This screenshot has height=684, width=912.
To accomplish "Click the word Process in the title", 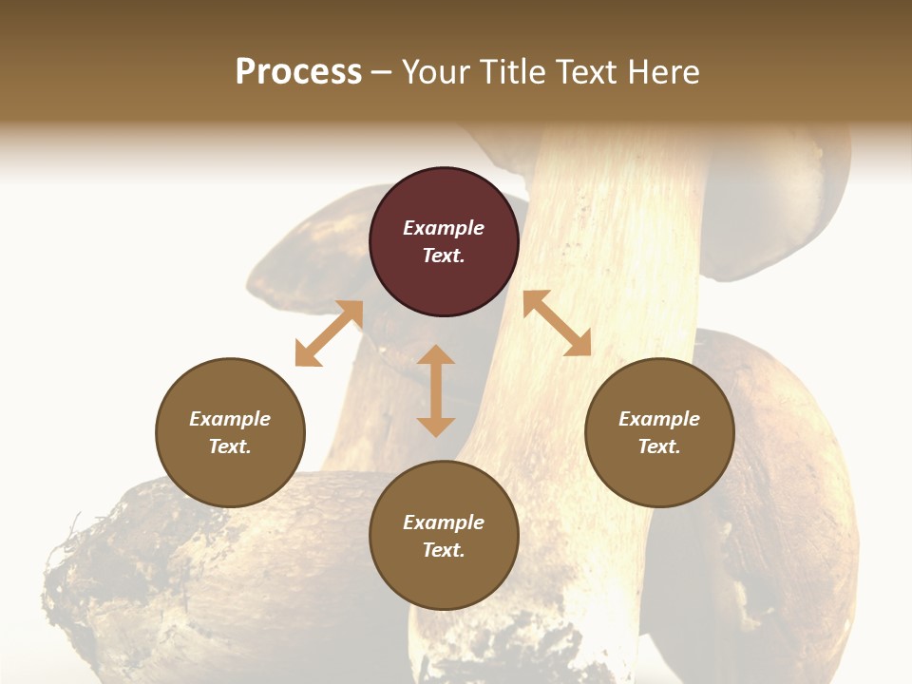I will (298, 72).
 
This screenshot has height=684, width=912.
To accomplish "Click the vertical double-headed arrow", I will (436, 390).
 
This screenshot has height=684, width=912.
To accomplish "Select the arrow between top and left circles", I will (329, 333).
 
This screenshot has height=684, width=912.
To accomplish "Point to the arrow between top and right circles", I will (557, 323).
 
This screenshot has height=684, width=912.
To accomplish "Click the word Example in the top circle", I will (444, 228).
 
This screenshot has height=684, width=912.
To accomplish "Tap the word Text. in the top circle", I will (444, 256).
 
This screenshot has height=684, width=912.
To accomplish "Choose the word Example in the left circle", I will (230, 419).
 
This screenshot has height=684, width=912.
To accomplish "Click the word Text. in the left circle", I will (230, 446).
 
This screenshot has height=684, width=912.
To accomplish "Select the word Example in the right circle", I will (659, 419).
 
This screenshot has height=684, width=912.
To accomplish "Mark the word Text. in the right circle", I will (659, 446).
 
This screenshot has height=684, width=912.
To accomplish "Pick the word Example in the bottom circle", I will (444, 522).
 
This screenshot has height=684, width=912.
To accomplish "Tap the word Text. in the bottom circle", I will (444, 550).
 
